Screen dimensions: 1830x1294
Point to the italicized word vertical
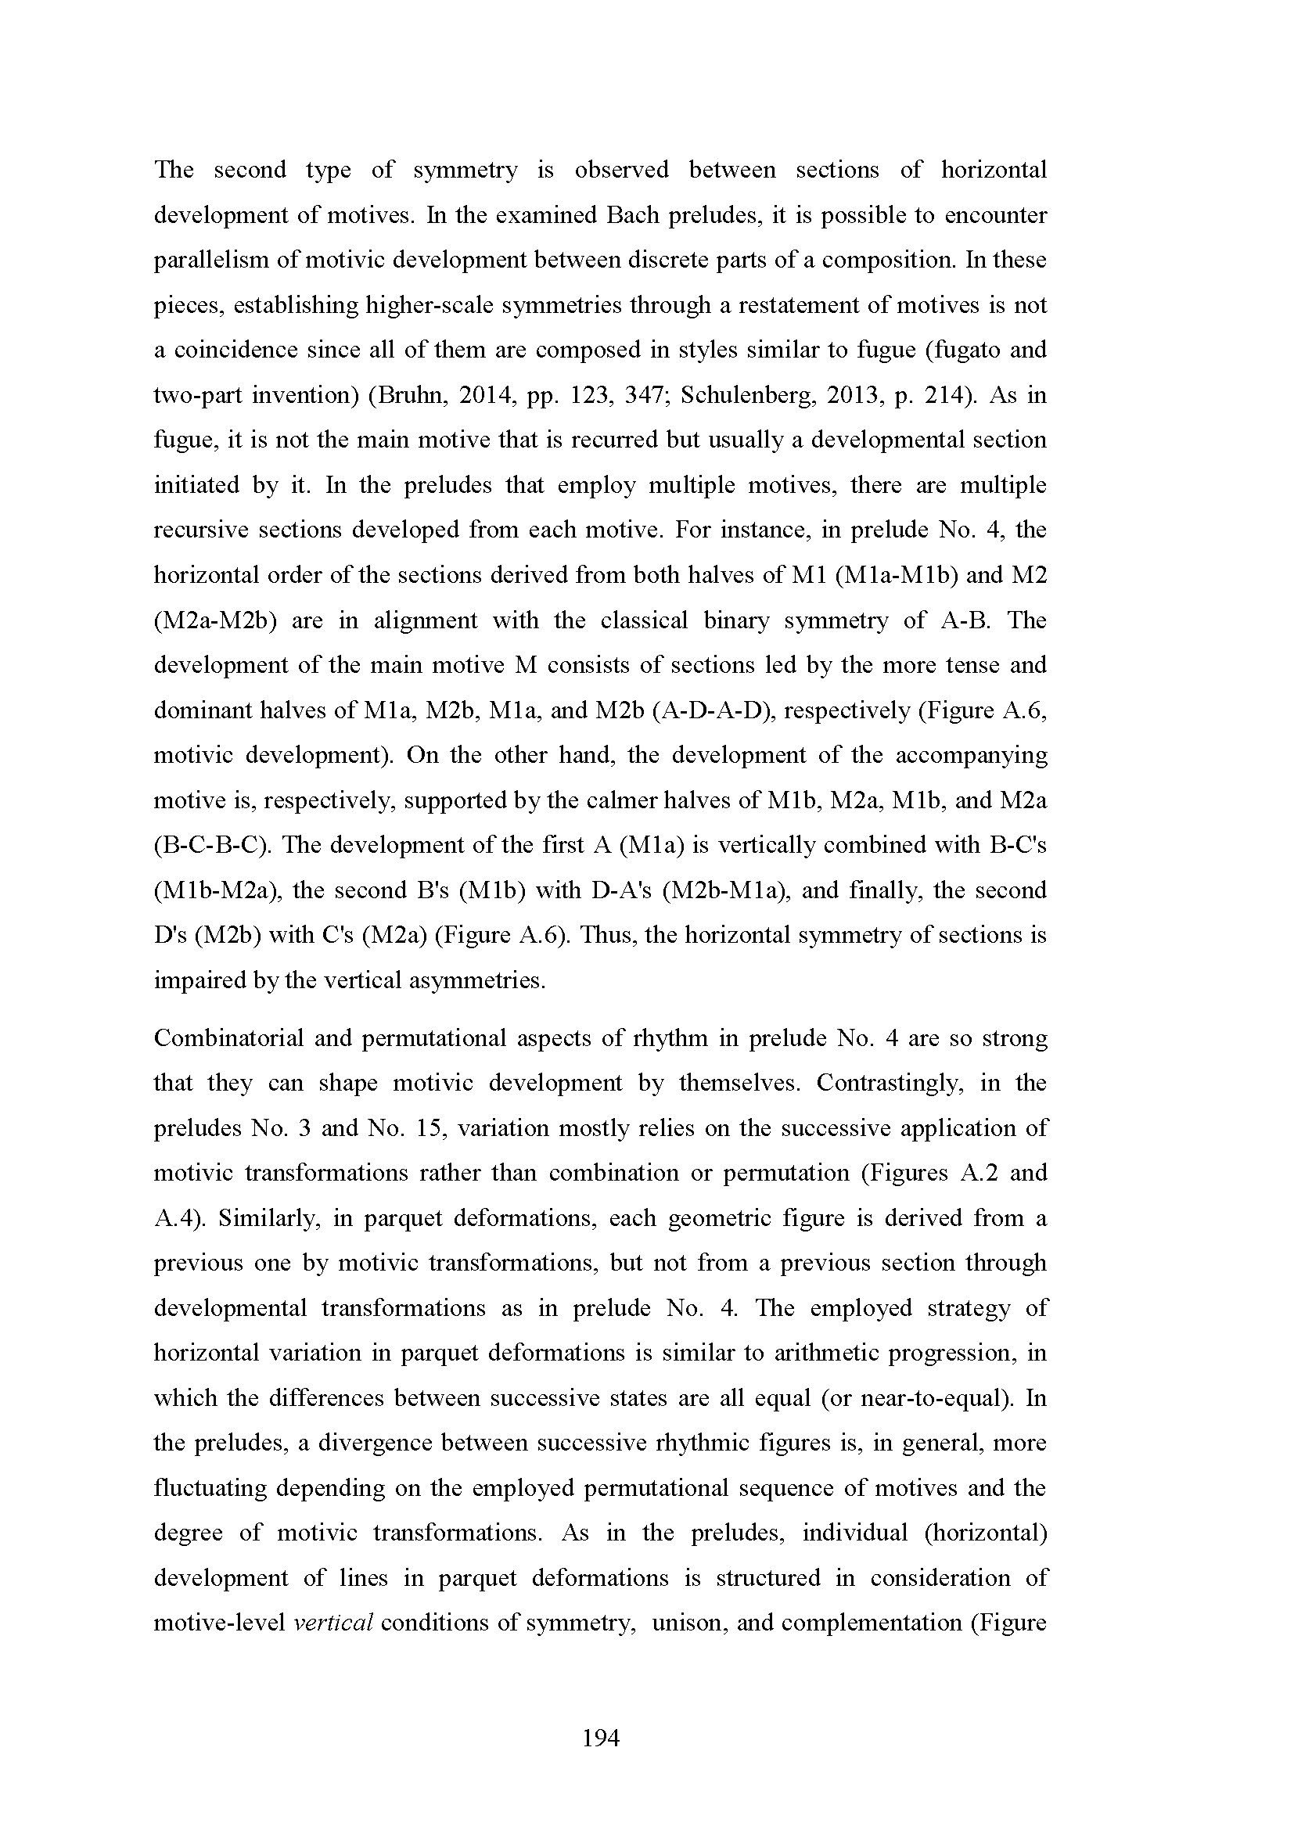pyautogui.click(x=334, y=1622)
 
